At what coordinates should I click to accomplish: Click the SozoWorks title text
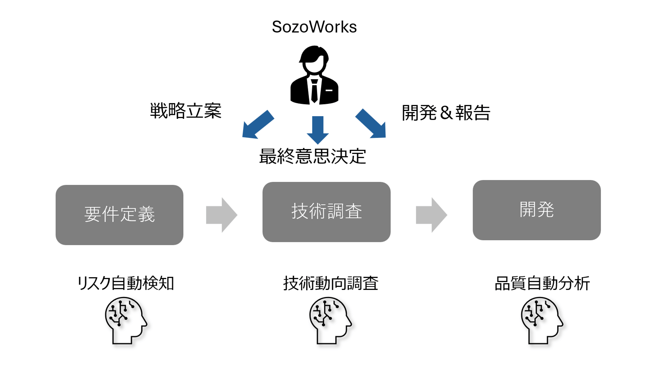point(314,27)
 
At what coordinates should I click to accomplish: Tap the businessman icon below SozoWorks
point(314,75)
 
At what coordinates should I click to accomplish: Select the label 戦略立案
point(186,111)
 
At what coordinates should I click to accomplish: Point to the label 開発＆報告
point(446,113)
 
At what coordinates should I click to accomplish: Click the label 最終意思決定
point(313,156)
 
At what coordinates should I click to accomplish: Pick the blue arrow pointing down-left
point(258,125)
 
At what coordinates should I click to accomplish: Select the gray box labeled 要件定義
point(120,215)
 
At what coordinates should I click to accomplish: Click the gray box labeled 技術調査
point(326,212)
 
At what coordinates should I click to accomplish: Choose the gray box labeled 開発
point(537,210)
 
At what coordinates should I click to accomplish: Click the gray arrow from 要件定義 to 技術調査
point(221,215)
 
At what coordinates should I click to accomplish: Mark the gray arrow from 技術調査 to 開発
point(431,215)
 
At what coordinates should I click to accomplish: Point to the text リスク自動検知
point(125,283)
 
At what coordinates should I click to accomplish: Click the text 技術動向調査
point(330,283)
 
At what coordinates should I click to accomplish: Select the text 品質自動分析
point(542,283)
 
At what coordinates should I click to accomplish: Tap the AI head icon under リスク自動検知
point(125,321)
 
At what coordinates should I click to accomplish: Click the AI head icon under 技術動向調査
point(330,321)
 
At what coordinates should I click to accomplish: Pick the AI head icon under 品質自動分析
point(542,321)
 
